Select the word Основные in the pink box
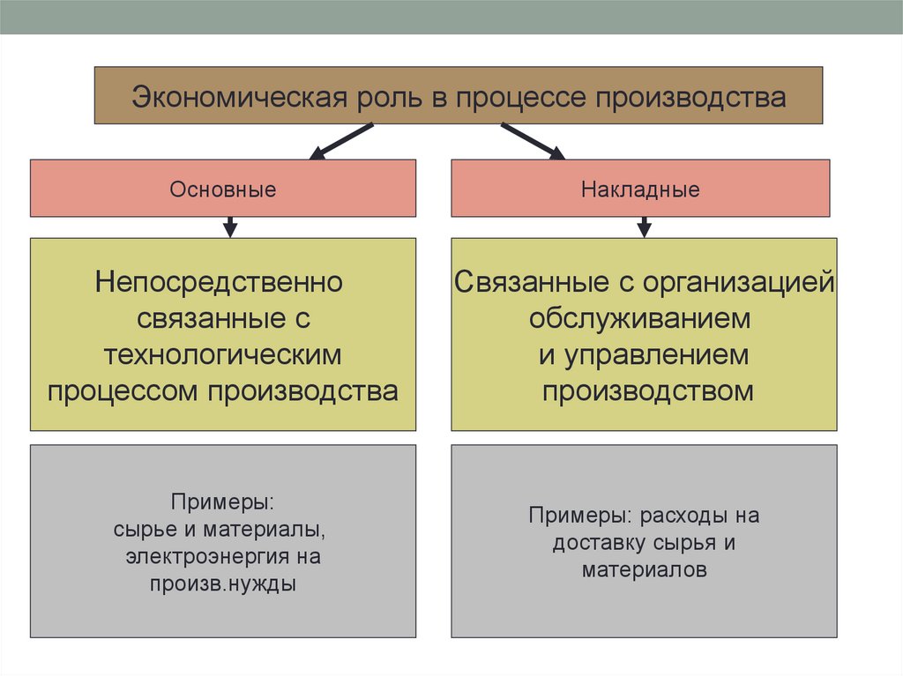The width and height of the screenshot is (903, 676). [x=223, y=189]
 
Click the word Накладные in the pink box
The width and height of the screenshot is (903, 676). [x=640, y=189]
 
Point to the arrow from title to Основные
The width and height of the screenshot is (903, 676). [x=341, y=141]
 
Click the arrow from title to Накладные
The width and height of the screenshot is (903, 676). [x=533, y=141]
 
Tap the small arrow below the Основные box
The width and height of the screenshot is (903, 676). [x=230, y=227]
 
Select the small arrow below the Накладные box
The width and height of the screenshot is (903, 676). [x=644, y=227]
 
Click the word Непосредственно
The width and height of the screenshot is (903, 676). [x=220, y=284]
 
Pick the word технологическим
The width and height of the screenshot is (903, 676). [x=222, y=354]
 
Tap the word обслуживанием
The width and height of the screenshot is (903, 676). [x=640, y=319]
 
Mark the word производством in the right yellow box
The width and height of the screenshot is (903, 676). [x=648, y=390]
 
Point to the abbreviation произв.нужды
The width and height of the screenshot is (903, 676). [x=222, y=583]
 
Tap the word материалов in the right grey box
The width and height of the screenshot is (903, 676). [x=644, y=569]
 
